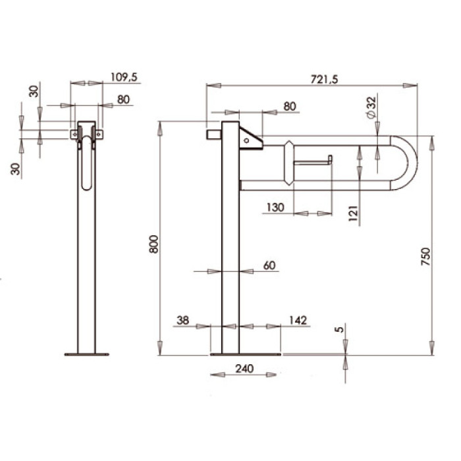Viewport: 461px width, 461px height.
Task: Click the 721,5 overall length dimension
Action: click(x=324, y=80)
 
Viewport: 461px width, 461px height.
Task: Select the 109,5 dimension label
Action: click(x=124, y=77)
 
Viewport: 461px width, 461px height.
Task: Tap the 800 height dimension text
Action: click(x=153, y=244)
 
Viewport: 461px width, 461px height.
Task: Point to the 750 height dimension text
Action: click(x=425, y=257)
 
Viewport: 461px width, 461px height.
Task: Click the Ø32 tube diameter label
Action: click(x=371, y=107)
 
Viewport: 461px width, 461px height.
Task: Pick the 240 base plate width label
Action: click(x=244, y=368)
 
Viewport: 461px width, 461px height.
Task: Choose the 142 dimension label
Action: click(x=298, y=320)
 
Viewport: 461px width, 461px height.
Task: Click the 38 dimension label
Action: click(x=183, y=320)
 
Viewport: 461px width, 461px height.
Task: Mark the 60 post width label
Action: click(x=269, y=265)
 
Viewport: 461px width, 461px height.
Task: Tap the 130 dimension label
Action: click(x=275, y=207)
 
